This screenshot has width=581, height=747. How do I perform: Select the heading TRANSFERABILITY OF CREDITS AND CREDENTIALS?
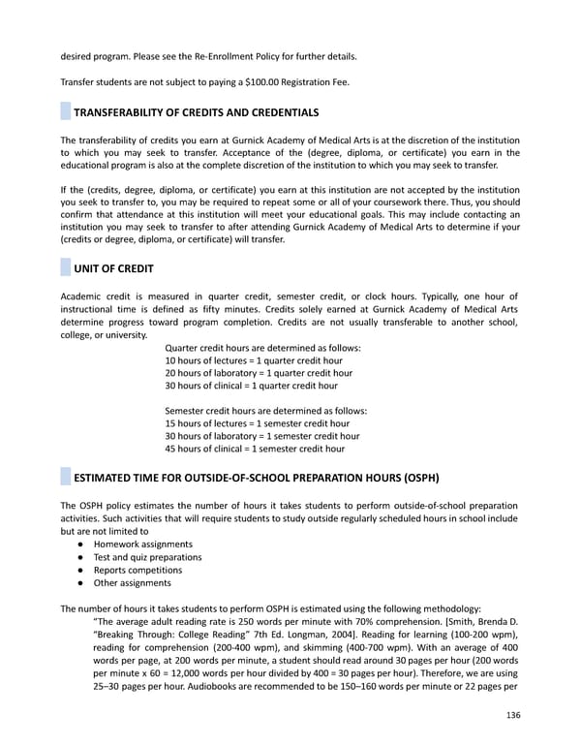click(x=197, y=113)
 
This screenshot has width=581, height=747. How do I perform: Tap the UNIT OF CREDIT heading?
click(x=113, y=266)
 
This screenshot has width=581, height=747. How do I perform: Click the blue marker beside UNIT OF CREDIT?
click(x=66, y=266)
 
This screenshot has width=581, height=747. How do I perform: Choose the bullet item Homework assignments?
click(x=142, y=545)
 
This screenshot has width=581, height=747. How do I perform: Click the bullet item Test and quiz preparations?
click(x=147, y=557)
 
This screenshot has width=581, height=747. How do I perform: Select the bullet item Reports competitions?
click(x=138, y=570)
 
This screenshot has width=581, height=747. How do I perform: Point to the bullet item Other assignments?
click(x=132, y=583)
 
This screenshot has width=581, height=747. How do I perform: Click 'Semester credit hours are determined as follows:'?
click(x=266, y=411)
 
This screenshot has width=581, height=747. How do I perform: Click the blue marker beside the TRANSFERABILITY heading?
click(x=66, y=113)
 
